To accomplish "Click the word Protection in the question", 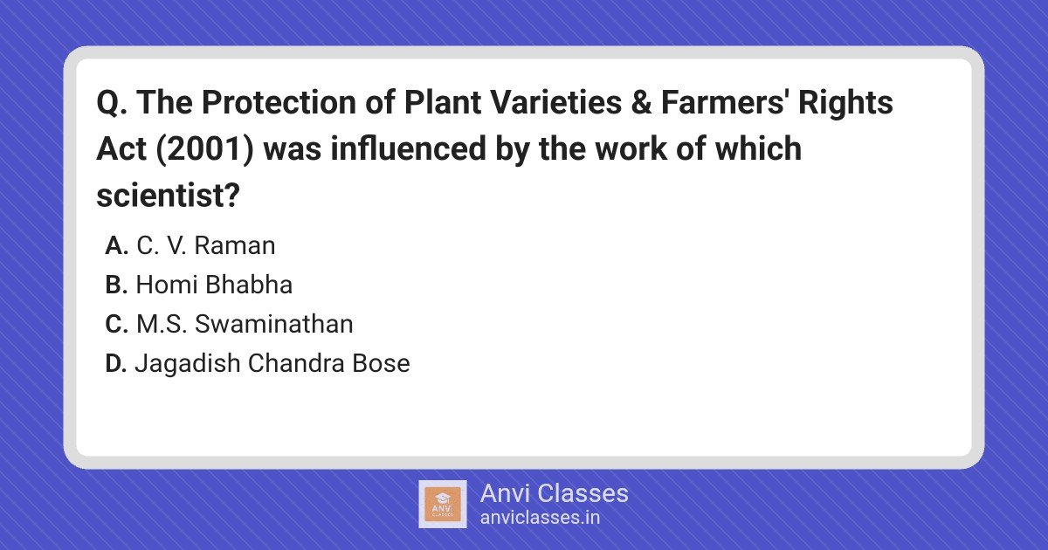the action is pos(279,102).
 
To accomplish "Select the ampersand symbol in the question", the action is pos(641,102).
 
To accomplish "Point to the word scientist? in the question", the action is pos(168,195).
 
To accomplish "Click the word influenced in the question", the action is pos(408,148).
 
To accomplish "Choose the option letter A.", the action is pos(116,245).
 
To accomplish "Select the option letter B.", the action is pos(116,285).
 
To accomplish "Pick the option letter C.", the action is pos(116,324).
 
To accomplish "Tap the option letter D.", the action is pos(116,363).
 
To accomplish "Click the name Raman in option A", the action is pos(235,245).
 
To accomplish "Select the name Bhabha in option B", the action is pos(249,285).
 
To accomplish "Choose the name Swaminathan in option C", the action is pos(274,324).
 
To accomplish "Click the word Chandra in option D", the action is pos(296,363).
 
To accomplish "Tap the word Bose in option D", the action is pos(382,363).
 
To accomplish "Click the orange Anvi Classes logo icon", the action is pos(443,505).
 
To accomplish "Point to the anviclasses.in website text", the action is pos(540,518).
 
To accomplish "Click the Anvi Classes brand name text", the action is pos(555,493).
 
